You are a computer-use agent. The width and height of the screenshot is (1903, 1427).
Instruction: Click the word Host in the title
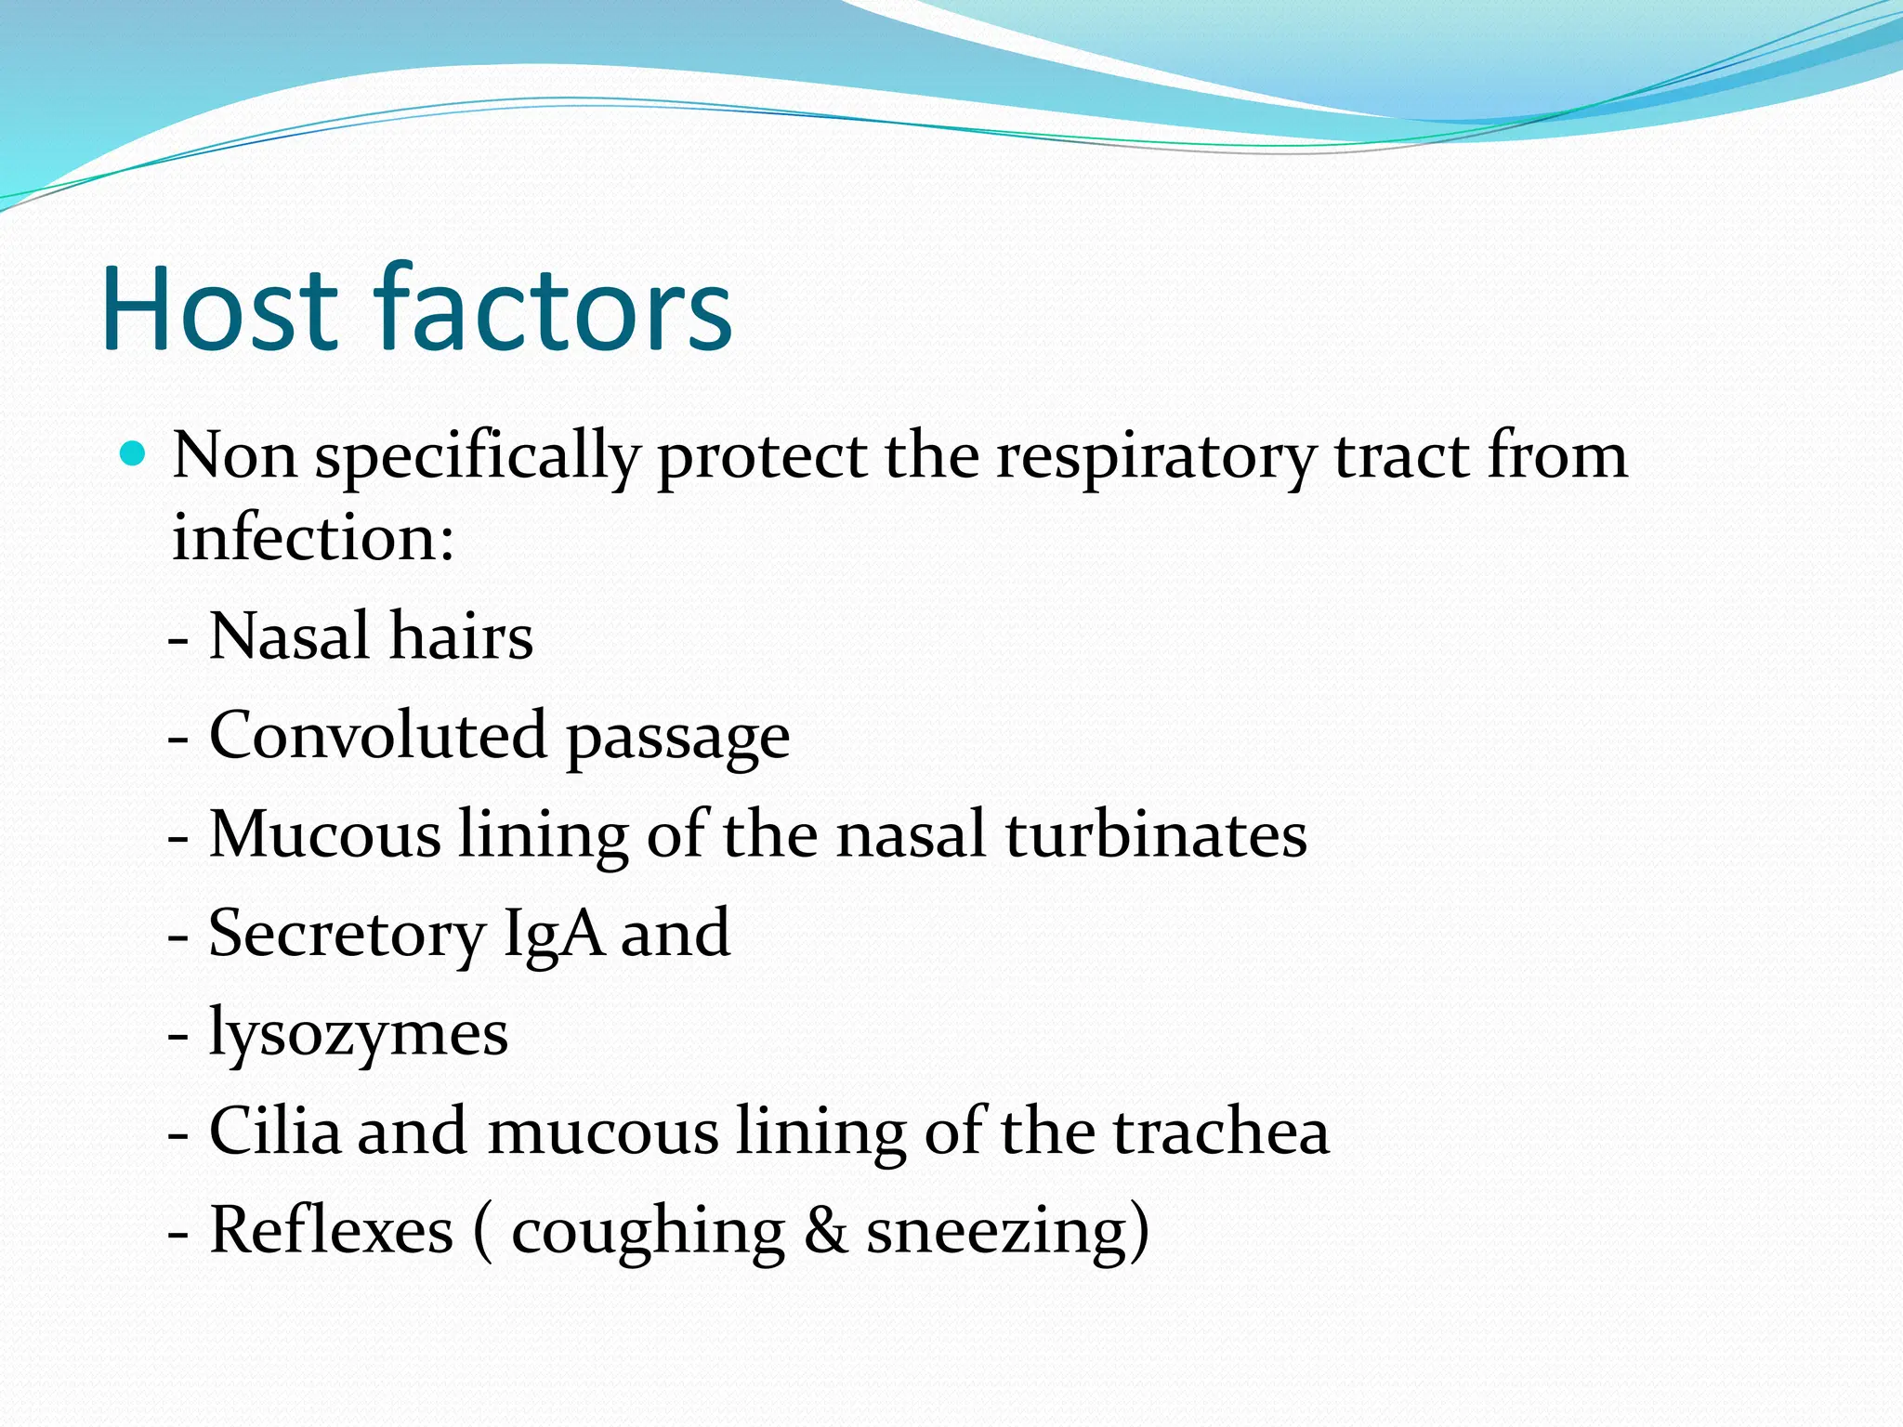219,308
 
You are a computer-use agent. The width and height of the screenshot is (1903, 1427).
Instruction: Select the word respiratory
1155,457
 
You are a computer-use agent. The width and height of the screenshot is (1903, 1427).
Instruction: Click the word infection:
313,538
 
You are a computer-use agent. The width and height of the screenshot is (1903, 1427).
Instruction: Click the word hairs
461,637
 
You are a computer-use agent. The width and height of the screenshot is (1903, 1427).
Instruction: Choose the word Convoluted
377,736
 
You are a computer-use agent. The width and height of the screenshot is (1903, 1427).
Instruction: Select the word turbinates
1156,834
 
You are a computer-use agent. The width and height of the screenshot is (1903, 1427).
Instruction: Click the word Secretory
346,935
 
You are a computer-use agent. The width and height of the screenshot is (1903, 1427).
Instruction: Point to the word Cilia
275,1132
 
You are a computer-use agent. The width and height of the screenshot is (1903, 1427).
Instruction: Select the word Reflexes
331,1231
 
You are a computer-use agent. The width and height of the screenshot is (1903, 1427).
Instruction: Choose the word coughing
648,1234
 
